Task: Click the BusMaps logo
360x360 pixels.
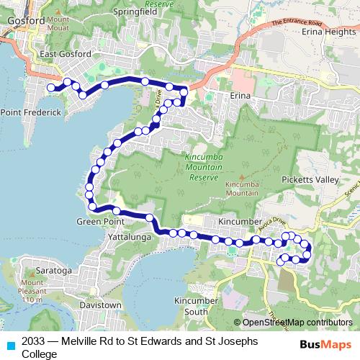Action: tap(325, 344)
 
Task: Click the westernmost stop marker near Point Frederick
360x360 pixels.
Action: tap(51, 88)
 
